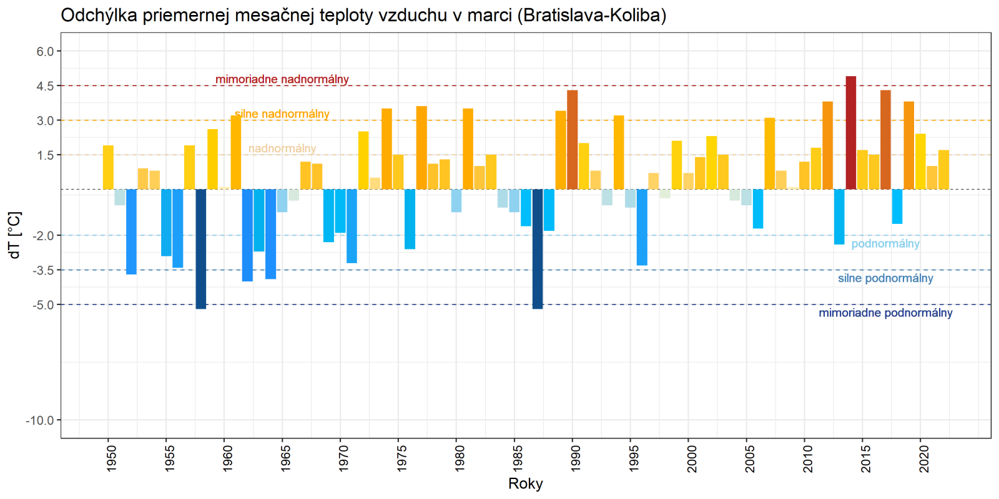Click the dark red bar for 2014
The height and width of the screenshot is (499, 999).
pyautogui.click(x=850, y=132)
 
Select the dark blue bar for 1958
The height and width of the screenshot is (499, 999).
pyautogui.click(x=200, y=249)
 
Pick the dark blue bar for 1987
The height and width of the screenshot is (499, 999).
pyautogui.click(x=537, y=249)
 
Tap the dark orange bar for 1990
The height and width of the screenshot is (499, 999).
pyautogui.click(x=572, y=140)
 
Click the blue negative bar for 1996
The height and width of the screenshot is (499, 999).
pyautogui.click(x=642, y=227)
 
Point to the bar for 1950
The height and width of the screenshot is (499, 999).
pyautogui.click(x=108, y=167)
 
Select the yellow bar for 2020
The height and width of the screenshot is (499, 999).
pyautogui.click(x=920, y=162)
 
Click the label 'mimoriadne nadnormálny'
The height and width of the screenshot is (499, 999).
pyautogui.click(x=282, y=79)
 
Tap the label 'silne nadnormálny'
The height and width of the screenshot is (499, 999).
pyautogui.click(x=282, y=114)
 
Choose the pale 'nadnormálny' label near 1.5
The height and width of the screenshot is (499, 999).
pyautogui.click(x=282, y=148)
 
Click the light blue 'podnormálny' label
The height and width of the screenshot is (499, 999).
pyautogui.click(x=885, y=244)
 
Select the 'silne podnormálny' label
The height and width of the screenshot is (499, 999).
pyautogui.click(x=885, y=278)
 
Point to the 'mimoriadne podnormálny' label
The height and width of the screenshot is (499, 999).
pyautogui.click(x=885, y=313)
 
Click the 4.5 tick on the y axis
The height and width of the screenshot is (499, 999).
pyautogui.click(x=45, y=86)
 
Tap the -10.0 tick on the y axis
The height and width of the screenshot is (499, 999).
pyautogui.click(x=40, y=420)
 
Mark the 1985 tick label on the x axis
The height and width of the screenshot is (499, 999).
pyautogui.click(x=518, y=457)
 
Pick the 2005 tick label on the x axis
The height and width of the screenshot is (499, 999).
pyautogui.click(x=750, y=457)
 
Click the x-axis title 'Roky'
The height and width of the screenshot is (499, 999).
pyautogui.click(x=526, y=483)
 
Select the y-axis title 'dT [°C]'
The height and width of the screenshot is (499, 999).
pyautogui.click(x=15, y=235)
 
